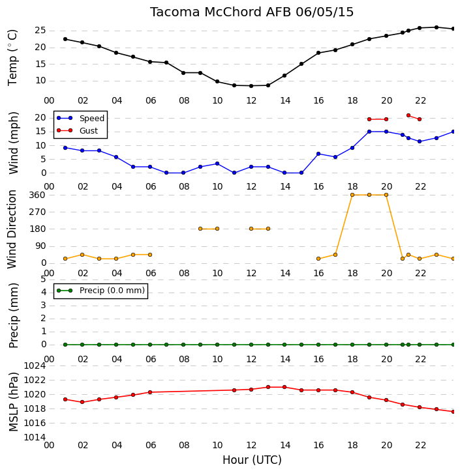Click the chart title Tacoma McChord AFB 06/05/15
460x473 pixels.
[x=252, y=12]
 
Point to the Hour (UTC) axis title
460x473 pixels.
[x=252, y=460]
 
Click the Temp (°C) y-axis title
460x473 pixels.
[x=12, y=57]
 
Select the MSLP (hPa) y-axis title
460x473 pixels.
[x=13, y=401]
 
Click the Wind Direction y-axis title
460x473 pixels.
[x=12, y=229]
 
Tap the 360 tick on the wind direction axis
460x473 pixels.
[x=37, y=195]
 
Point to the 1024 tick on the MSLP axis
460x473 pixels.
[x=35, y=366]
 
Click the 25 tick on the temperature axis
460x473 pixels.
[x=40, y=31]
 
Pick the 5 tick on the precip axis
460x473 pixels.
[x=43, y=279]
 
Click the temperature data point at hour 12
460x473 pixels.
[x=251, y=86]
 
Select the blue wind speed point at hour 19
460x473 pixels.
[x=369, y=132]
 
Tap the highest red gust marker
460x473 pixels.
[x=408, y=115]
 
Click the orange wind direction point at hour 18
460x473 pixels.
[x=352, y=195]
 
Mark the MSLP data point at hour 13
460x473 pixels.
[x=268, y=387]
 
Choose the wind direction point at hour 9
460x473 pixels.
[x=200, y=229]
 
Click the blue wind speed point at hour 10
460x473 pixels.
[x=217, y=164]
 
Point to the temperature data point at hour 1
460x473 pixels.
[x=65, y=39]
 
